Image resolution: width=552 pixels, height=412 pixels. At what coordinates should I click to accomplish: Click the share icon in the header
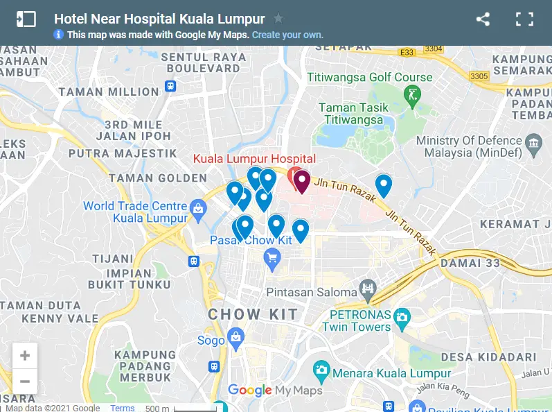pyautogui.click(x=483, y=19)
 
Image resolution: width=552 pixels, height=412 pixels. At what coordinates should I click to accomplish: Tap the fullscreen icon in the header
pyautogui.click(x=524, y=19)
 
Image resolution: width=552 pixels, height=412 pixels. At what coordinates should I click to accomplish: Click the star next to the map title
pyautogui.click(x=278, y=19)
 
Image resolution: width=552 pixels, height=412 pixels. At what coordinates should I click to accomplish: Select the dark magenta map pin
pyautogui.click(x=301, y=182)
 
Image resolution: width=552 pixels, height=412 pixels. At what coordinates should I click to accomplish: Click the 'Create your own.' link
pyautogui.click(x=287, y=35)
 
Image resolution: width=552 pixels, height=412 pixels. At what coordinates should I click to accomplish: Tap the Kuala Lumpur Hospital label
pyautogui.click(x=254, y=159)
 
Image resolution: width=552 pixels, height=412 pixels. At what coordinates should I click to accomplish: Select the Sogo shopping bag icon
pyautogui.click(x=236, y=337)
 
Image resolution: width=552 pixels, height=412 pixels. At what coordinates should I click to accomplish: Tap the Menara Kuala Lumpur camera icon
pyautogui.click(x=321, y=369)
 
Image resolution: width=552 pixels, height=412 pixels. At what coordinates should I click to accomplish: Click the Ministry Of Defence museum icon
pyautogui.click(x=533, y=144)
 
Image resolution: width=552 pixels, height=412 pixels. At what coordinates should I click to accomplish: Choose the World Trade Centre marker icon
pyautogui.click(x=199, y=208)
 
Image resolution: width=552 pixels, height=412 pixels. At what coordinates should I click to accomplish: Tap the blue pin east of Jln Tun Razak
pyautogui.click(x=383, y=184)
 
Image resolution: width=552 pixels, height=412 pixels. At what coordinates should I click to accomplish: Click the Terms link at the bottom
pyautogui.click(x=123, y=408)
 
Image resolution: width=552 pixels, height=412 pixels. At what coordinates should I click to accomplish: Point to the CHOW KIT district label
pyautogui.click(x=253, y=314)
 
